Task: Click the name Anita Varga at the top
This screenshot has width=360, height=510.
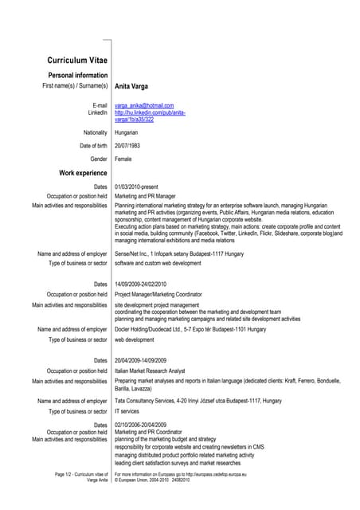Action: tap(131, 86)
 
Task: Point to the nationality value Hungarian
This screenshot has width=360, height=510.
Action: tap(127, 132)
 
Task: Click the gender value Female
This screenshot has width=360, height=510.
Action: tap(123, 159)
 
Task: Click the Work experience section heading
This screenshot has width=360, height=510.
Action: tap(83, 173)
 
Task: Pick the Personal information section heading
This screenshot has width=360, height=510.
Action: tap(77, 74)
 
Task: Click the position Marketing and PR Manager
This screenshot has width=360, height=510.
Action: tap(145, 195)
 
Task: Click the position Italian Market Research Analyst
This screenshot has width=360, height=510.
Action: tap(150, 371)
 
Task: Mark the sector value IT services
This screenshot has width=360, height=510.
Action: tap(127, 411)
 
